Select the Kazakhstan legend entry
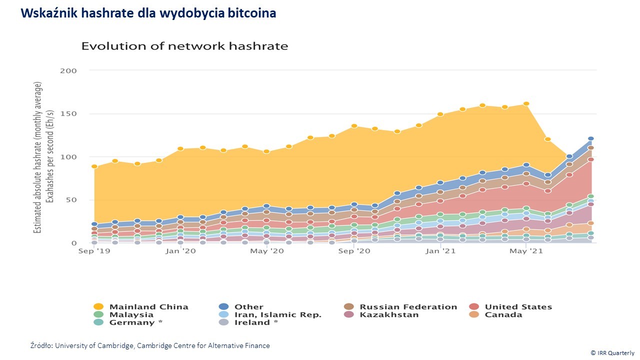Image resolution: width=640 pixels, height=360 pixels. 382,315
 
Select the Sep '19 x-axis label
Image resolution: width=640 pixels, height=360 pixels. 93,251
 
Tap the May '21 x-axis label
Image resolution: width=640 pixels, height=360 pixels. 526,251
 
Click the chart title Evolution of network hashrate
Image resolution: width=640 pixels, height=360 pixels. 184,46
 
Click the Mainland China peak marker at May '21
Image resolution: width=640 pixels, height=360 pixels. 526,104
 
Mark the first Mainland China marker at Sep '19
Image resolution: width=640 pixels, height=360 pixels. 94,166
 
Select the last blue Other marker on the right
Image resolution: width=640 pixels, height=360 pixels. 591,138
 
